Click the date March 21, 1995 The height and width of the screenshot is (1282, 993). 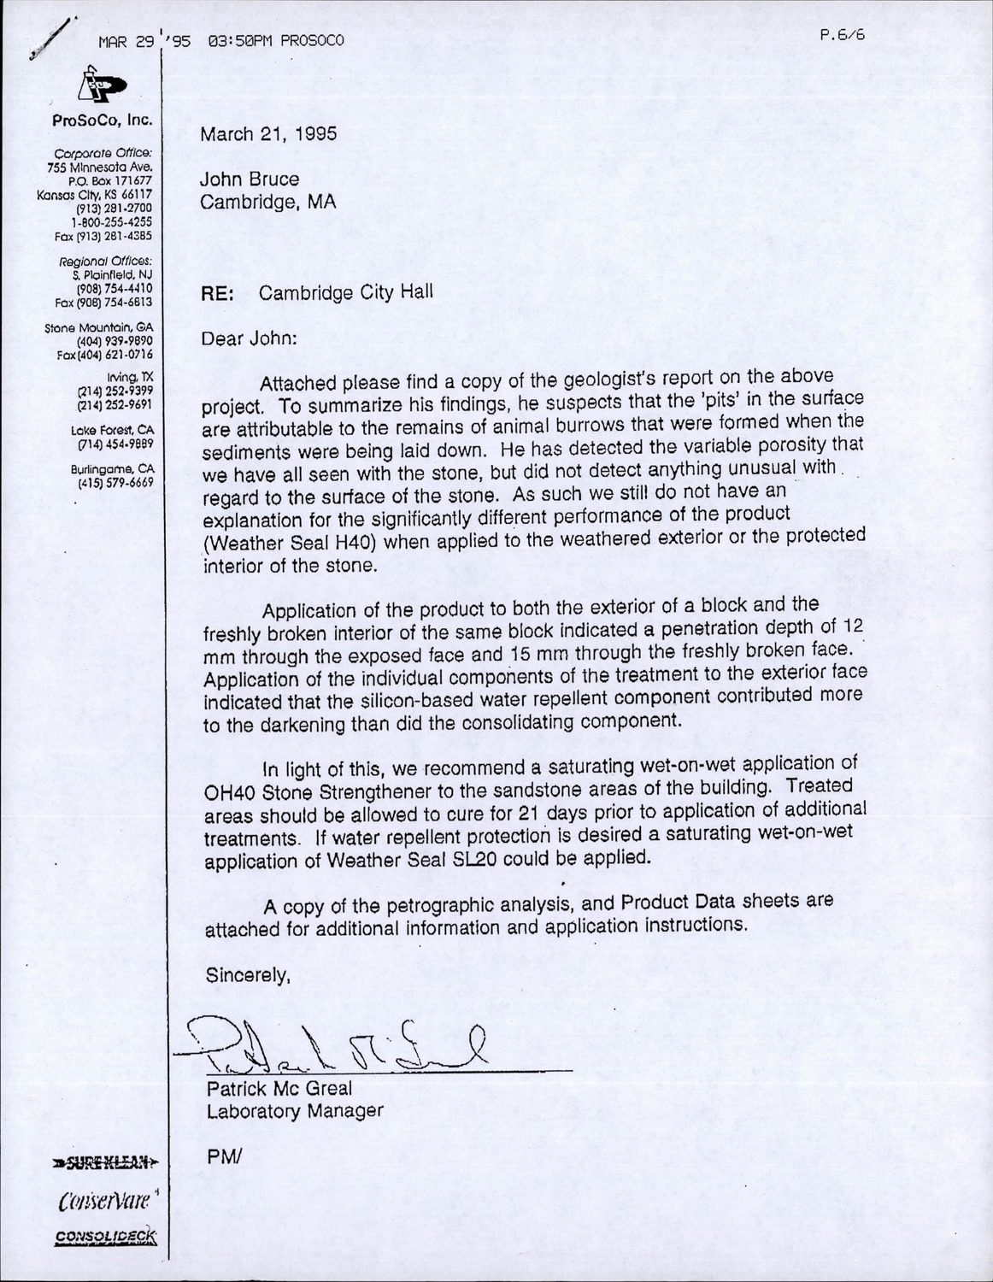coord(268,134)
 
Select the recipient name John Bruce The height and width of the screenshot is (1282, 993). coord(250,179)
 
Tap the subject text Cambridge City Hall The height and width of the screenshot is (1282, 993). coord(346,292)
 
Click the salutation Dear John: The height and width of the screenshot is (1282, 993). coord(249,338)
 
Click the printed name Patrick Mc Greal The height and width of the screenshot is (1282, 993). coord(279,1090)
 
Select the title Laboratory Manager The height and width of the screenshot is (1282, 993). coord(294,1111)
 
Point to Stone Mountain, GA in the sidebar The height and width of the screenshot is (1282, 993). coord(99,328)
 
